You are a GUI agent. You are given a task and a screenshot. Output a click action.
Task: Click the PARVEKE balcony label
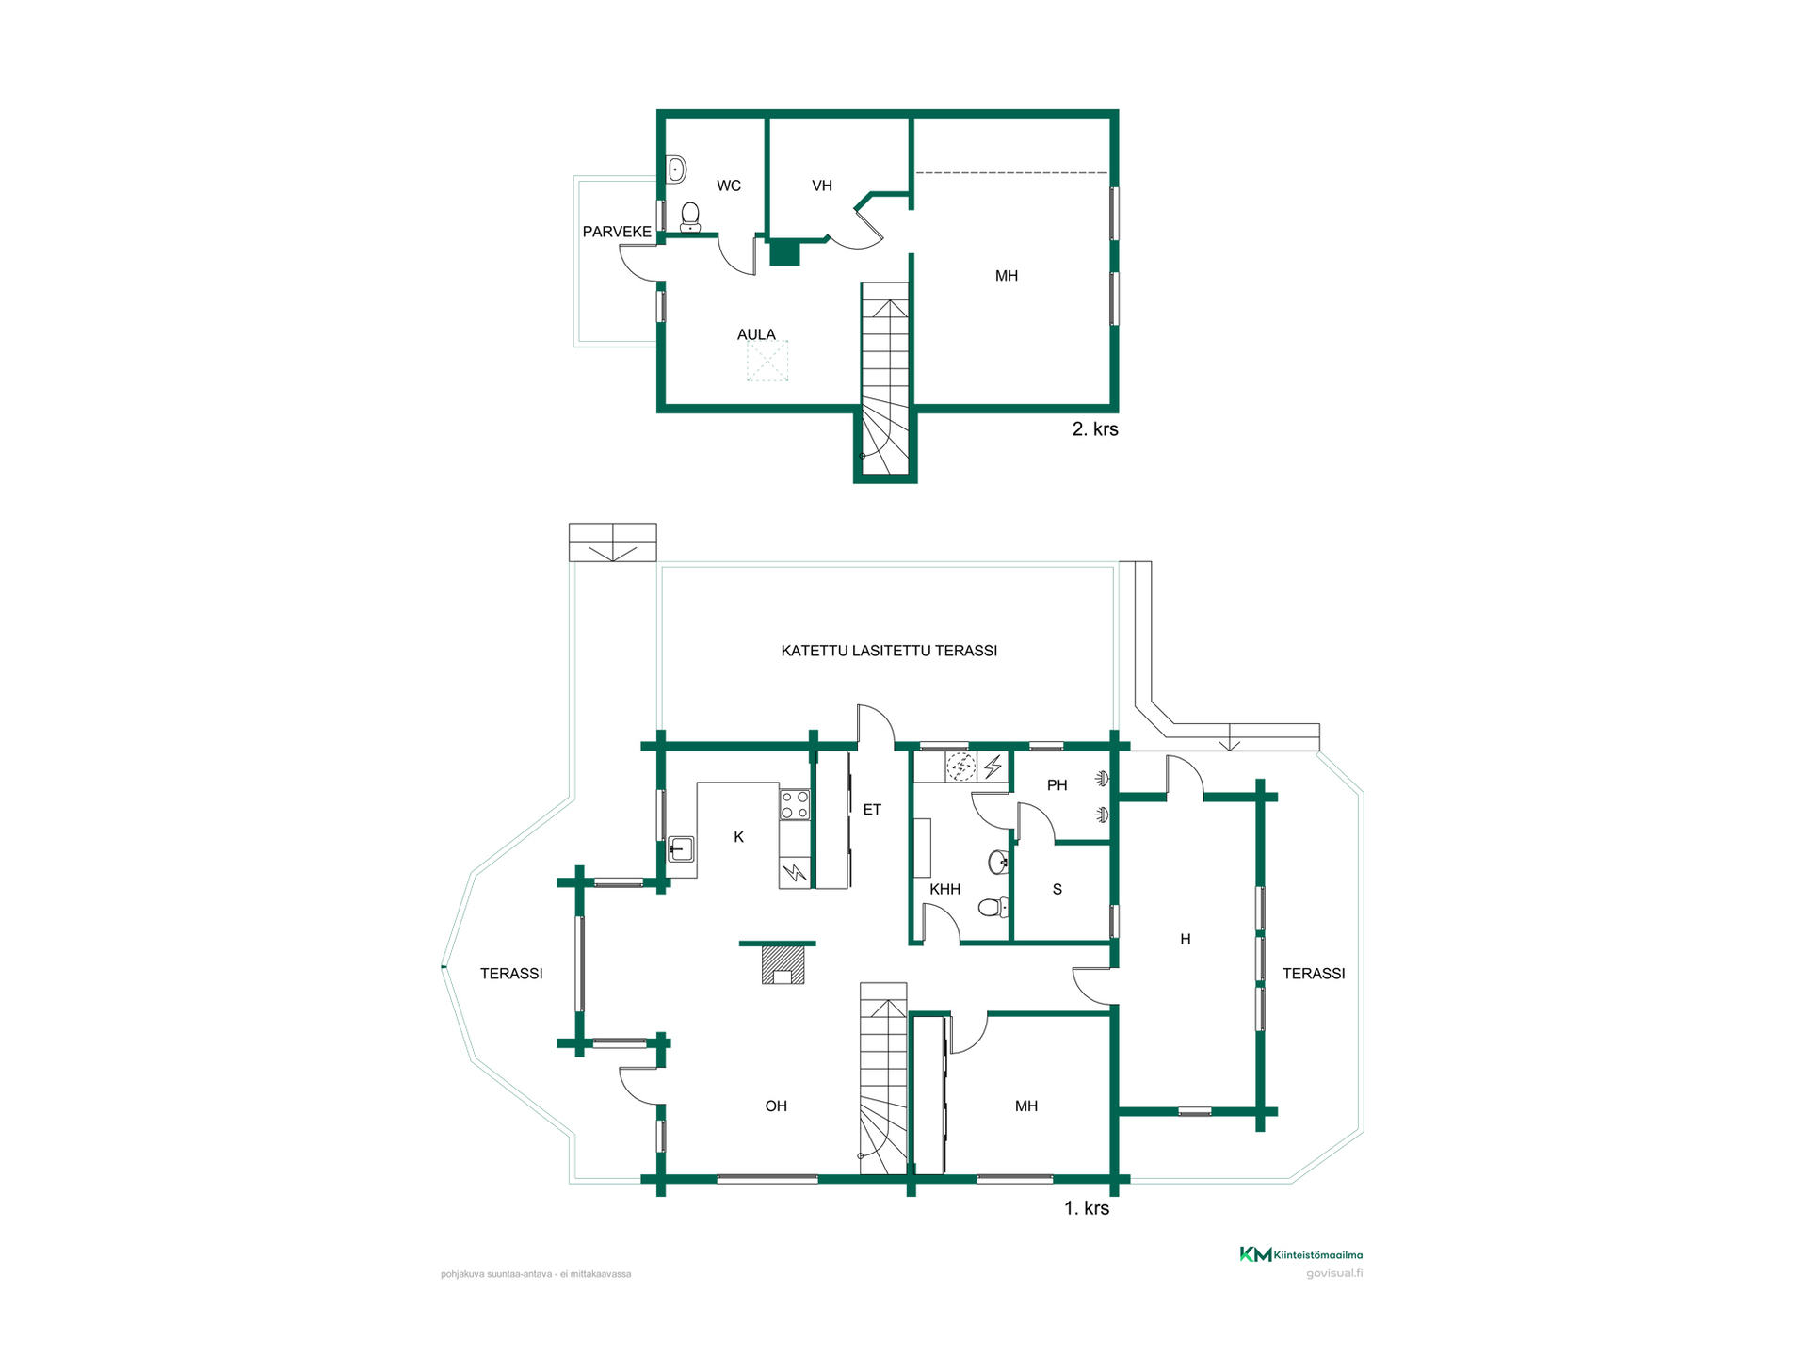click(x=617, y=232)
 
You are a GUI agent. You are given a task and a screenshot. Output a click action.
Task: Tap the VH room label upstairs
click(x=822, y=186)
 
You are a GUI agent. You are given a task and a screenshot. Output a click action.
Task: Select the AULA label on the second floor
click(x=756, y=334)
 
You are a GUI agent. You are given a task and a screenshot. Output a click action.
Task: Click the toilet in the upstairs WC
click(x=690, y=217)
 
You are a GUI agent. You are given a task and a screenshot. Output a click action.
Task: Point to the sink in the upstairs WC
click(x=676, y=169)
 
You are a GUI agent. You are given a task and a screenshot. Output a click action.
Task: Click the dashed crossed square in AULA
click(x=767, y=362)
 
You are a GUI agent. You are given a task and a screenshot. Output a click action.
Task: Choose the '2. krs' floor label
click(x=1095, y=429)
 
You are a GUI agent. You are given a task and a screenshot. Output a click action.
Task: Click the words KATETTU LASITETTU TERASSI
click(x=889, y=651)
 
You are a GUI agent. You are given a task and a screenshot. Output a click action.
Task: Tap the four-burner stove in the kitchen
click(x=795, y=804)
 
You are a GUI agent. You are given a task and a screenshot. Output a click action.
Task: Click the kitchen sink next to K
click(x=681, y=849)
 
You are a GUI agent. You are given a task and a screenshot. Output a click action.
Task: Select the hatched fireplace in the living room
click(x=783, y=964)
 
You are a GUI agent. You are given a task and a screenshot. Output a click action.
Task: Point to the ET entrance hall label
click(x=872, y=810)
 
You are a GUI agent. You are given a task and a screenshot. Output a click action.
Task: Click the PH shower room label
click(x=1057, y=785)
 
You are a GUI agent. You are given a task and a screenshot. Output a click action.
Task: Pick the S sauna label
click(x=1057, y=889)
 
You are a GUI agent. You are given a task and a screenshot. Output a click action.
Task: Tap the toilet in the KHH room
click(x=993, y=908)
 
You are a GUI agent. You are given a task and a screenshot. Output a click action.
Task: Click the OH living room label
click(x=776, y=1106)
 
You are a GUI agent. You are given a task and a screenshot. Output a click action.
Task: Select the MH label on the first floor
click(x=1026, y=1106)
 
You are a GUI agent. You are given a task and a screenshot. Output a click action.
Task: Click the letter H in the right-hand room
click(x=1186, y=939)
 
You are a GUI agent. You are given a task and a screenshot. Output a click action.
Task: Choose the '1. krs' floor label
click(x=1087, y=1208)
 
